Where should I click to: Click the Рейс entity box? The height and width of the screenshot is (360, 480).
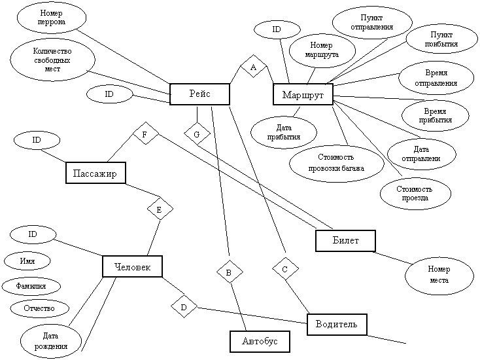point(199,94)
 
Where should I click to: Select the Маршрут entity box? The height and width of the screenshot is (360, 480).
point(303,95)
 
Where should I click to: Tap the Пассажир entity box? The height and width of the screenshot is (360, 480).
point(95,173)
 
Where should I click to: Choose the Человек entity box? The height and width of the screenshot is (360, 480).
point(132,266)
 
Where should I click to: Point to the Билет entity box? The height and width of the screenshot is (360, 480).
point(346,240)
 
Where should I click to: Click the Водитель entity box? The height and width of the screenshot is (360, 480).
point(336,323)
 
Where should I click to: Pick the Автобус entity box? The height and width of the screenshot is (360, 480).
point(260,341)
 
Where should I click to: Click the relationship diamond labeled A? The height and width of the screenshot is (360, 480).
point(253,67)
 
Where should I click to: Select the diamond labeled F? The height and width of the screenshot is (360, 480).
point(145,135)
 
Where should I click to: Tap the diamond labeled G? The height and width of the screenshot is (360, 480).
point(196,135)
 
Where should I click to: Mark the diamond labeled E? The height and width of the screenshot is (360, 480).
point(160,209)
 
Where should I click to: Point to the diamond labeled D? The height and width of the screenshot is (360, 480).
point(184,306)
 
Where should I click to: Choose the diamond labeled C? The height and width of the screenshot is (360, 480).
point(284,268)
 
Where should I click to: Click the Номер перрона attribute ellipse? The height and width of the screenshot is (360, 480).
point(52,17)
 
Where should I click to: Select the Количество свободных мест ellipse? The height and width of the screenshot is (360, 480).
point(53,60)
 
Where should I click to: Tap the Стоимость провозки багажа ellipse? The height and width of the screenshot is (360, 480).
point(336,163)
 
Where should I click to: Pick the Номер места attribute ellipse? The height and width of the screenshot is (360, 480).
point(439,275)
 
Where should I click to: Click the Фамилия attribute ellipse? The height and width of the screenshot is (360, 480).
point(31,286)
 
